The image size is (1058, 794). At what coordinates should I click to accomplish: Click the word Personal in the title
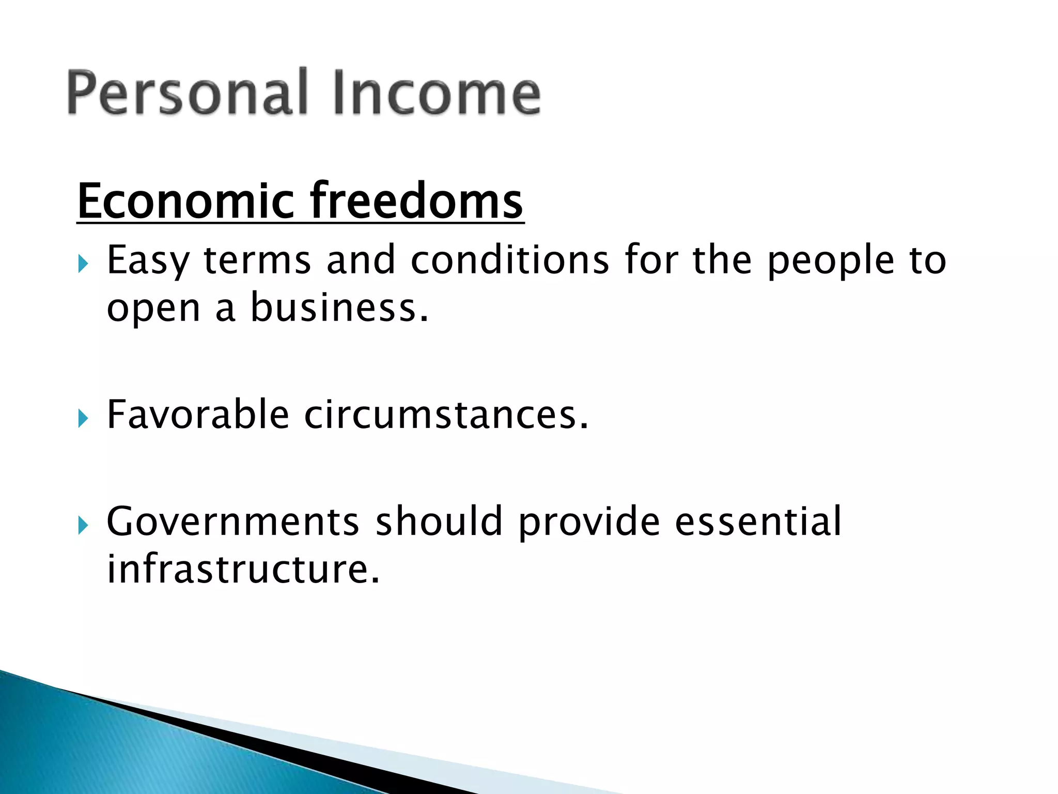point(188,93)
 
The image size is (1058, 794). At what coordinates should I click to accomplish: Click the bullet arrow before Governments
point(83,525)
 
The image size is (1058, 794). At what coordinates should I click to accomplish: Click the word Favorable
point(198,415)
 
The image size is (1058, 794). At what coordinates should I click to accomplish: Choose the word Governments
point(233,522)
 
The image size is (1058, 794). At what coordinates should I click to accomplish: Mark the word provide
point(589,522)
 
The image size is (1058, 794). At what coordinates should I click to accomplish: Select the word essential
point(758,522)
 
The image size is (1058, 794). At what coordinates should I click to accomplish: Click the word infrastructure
point(243,569)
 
